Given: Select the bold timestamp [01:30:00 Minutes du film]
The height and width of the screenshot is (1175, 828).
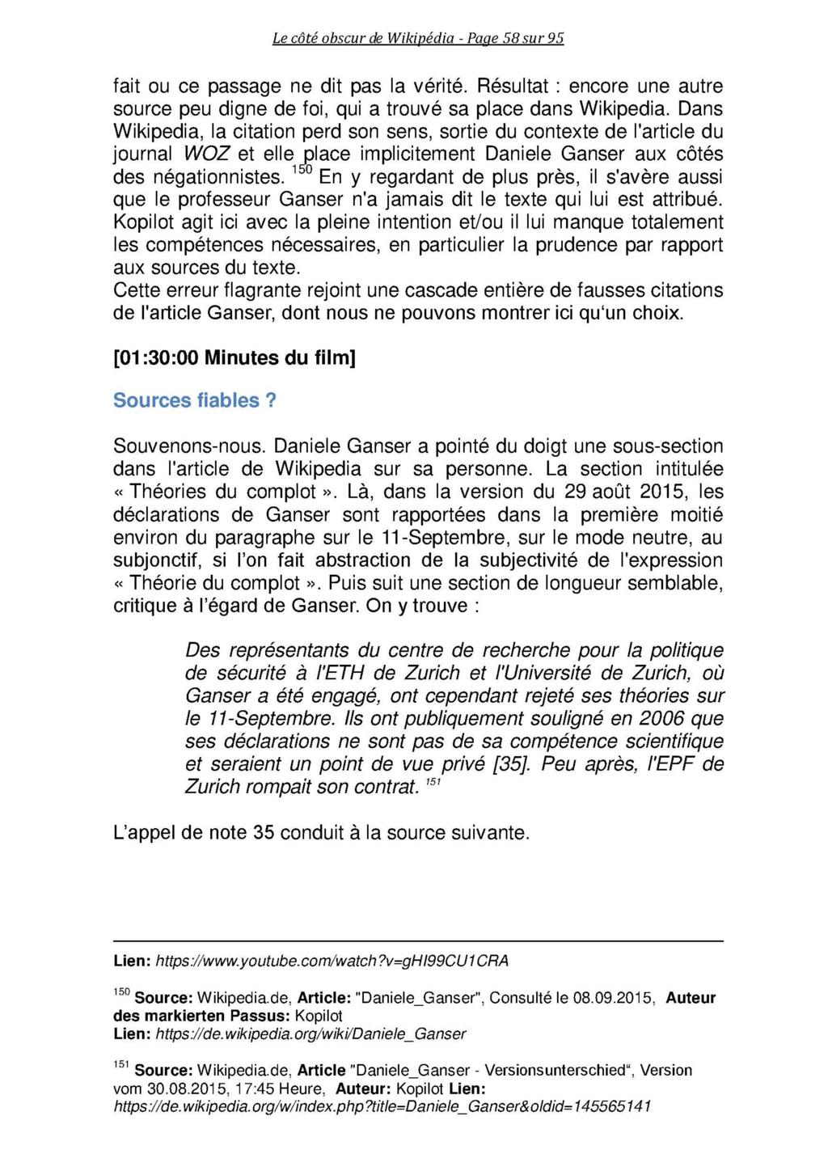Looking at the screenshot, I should pyautogui.click(x=234, y=357).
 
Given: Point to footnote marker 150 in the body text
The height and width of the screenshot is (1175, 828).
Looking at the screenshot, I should pyautogui.click(x=299, y=171).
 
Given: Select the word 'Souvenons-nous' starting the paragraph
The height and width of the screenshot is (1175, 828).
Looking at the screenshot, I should pyautogui.click(x=190, y=446).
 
